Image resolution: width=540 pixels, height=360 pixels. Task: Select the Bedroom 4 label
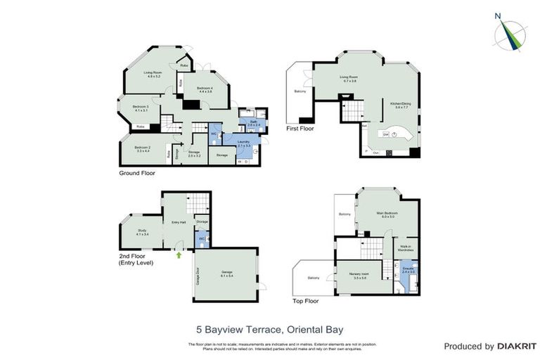[x=205, y=89]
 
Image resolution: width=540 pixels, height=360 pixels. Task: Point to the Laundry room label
[x=244, y=143]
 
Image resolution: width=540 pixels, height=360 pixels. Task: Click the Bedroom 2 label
[x=143, y=149]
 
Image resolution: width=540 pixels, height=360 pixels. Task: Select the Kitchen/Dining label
[x=400, y=105]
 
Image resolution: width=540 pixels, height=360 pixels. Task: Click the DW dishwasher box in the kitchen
[x=386, y=133]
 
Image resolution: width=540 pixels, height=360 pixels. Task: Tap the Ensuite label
[x=409, y=269]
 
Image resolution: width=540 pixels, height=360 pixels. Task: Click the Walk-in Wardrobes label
[x=406, y=247]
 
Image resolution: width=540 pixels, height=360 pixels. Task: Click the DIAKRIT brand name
[x=517, y=347]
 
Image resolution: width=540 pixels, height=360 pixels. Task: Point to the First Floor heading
[x=300, y=129]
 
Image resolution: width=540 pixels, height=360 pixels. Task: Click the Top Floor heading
[x=306, y=301]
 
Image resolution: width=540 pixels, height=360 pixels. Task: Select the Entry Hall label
[x=179, y=222]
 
